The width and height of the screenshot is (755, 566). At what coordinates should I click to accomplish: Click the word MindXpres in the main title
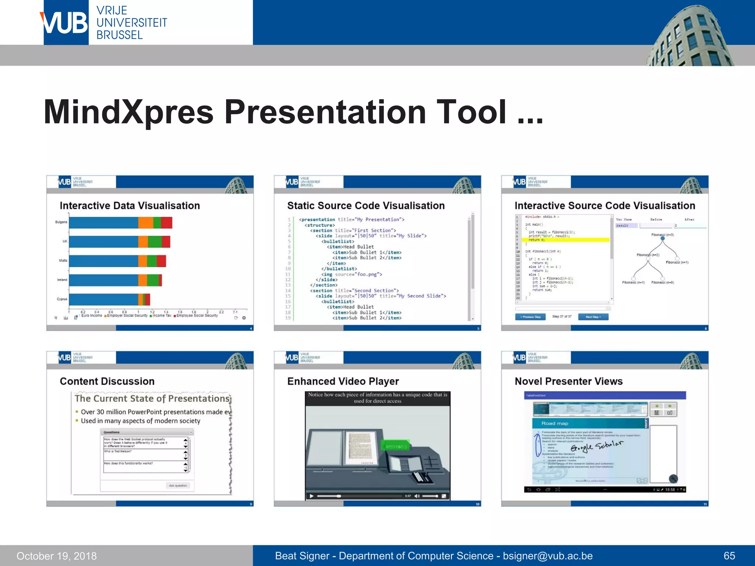128,112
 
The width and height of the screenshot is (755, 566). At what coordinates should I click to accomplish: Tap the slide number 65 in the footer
729,556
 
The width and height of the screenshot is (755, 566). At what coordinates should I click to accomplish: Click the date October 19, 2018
56,556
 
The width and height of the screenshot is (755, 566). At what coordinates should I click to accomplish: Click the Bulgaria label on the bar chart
61,222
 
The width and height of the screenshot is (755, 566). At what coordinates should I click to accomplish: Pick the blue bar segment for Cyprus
103,299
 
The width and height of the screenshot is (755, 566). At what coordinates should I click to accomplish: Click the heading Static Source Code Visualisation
366,206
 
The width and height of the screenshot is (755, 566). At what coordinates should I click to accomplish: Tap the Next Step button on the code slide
593,317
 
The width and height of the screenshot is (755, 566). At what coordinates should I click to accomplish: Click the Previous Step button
530,317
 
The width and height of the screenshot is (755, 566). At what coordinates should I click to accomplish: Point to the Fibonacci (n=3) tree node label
662,235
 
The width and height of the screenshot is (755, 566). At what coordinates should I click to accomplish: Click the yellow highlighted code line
568,240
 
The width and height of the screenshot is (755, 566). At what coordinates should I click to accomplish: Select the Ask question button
178,486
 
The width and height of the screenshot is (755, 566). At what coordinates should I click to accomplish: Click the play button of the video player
312,496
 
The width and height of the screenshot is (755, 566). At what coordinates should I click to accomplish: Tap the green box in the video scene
396,446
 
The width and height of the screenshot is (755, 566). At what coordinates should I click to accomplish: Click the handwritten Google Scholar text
596,446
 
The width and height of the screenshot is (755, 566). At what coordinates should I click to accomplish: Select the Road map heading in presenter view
554,423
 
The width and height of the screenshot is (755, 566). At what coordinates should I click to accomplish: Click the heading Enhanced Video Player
343,381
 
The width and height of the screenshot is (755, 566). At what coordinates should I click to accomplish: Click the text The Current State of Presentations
152,399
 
